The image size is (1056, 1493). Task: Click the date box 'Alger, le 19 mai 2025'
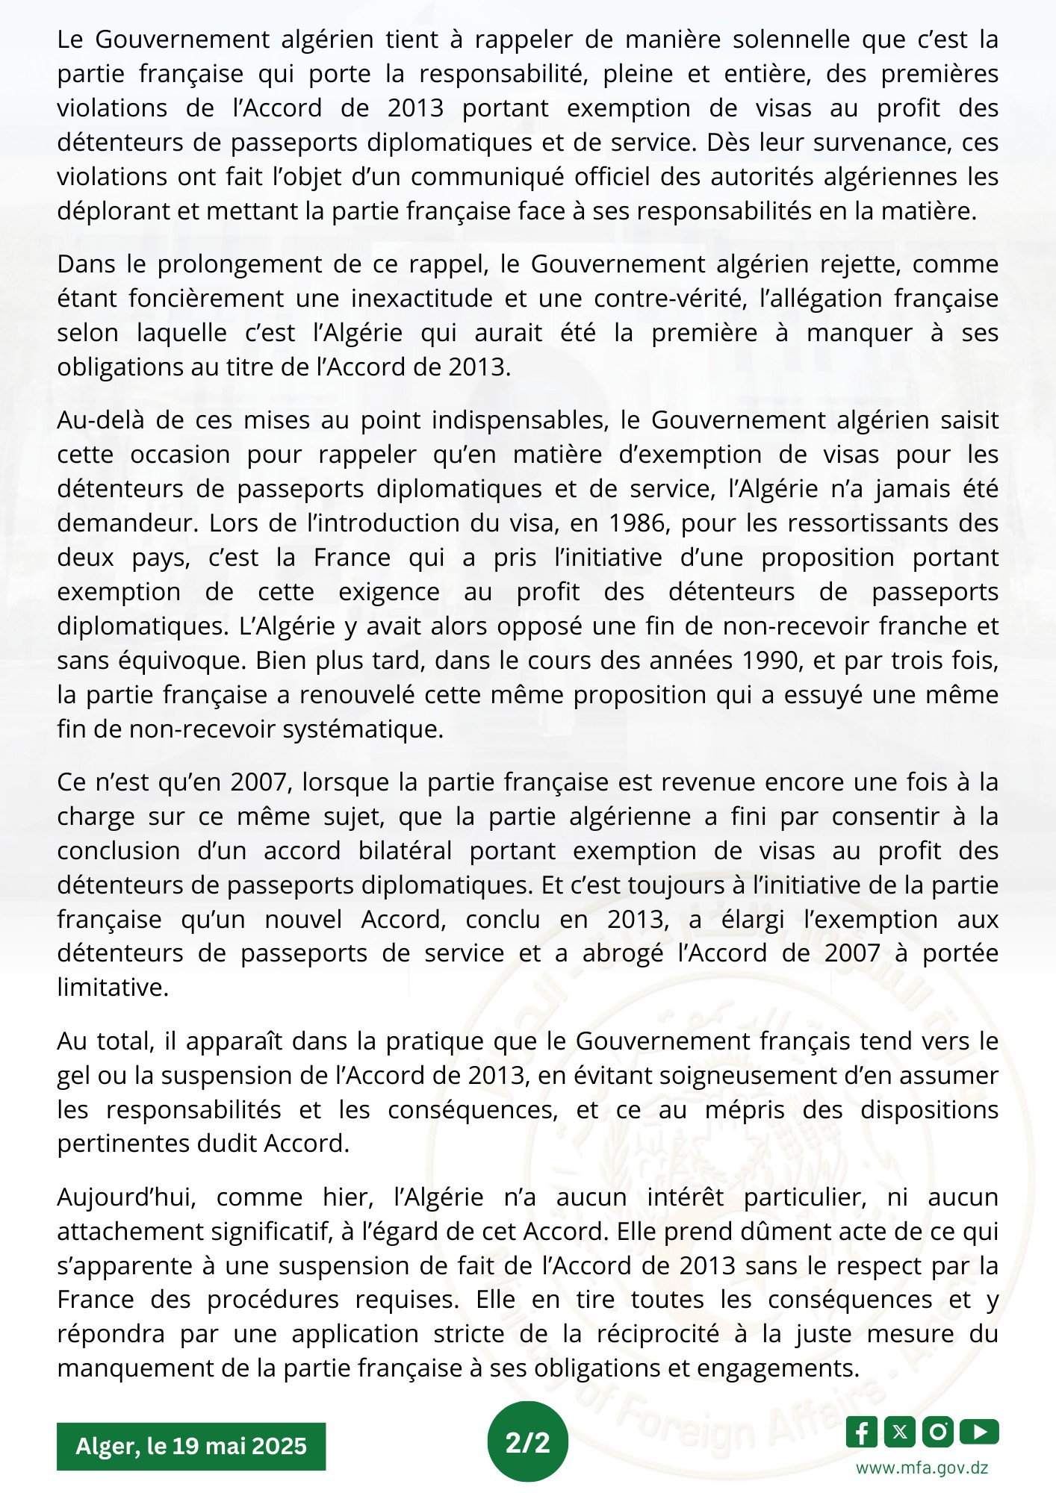coord(191,1446)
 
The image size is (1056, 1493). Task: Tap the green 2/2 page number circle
coord(527,1442)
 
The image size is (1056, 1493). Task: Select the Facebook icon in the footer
coord(863,1432)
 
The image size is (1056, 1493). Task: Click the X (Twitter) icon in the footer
coord(900,1432)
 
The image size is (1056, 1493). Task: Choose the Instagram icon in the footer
coord(938,1432)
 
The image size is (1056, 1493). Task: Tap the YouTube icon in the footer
coord(979,1432)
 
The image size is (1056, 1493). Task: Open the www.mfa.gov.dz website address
coord(922,1467)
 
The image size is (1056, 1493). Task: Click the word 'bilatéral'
coord(405,851)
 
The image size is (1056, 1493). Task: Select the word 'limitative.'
coord(113,988)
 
